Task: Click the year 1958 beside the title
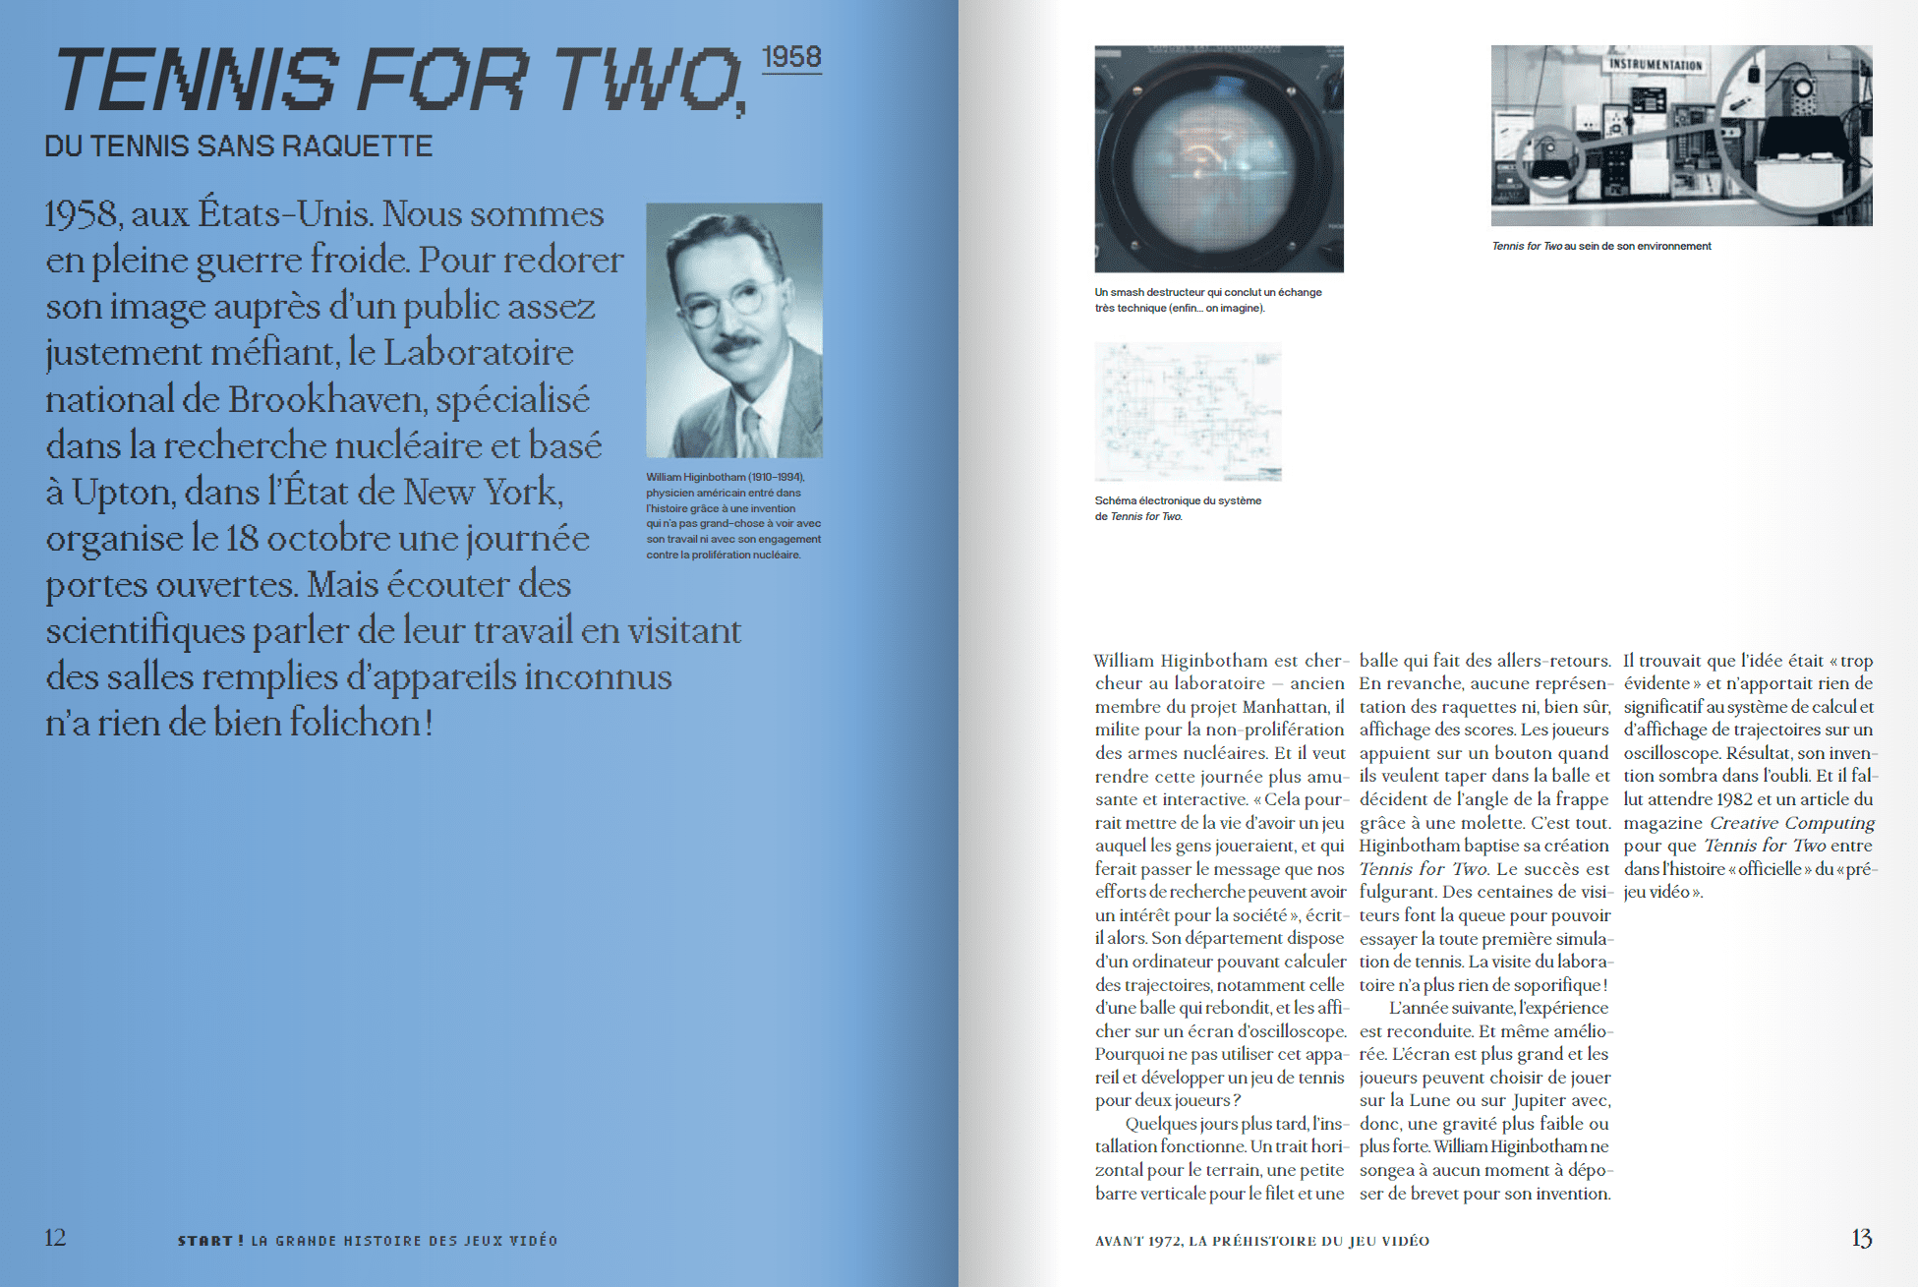791,57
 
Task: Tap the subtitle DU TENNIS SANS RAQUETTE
239,146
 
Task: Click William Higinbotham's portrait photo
733,329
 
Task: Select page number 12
55,1237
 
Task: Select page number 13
1861,1238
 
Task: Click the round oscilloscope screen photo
1218,158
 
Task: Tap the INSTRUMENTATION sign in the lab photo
1656,65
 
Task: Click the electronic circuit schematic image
1188,411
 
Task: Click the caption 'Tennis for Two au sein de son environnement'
1601,246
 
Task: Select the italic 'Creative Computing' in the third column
1792,823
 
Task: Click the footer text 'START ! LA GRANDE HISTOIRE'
367,1241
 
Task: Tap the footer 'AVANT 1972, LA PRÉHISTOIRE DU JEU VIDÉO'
1262,1241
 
